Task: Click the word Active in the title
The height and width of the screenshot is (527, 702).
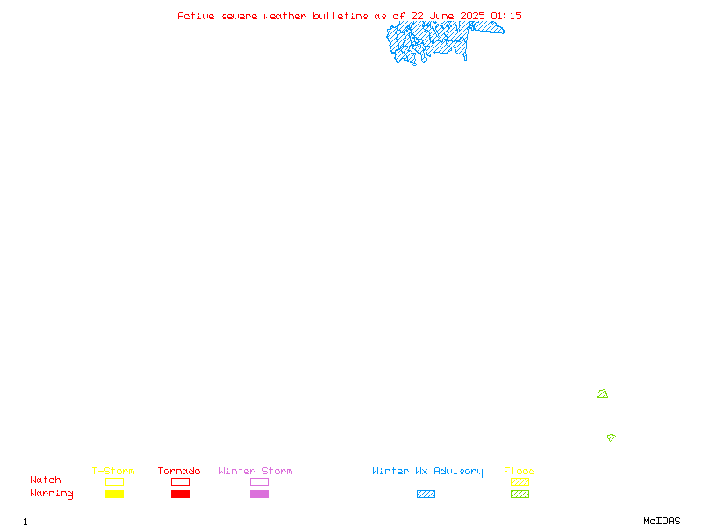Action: point(196,16)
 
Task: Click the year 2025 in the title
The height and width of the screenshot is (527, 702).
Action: point(472,16)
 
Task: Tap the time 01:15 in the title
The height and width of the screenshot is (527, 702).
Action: point(506,16)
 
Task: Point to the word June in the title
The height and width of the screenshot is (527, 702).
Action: point(441,16)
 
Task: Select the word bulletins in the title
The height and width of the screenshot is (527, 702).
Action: point(340,16)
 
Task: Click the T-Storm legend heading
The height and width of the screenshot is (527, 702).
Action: point(113,471)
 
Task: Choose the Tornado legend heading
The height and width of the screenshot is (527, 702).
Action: point(179,471)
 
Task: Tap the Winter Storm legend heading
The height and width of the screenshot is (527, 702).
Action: point(255,471)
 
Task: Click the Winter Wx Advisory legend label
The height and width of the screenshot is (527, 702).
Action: point(427,472)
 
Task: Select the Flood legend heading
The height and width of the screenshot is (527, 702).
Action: point(519,471)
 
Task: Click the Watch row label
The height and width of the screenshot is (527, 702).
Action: point(46,480)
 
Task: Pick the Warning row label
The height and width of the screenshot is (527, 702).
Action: point(52,494)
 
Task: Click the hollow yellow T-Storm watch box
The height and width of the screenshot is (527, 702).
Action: point(115,481)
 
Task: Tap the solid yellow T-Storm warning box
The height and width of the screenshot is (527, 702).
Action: point(115,494)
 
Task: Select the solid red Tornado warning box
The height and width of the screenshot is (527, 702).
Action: point(181,494)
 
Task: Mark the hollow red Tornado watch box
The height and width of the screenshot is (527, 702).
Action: point(181,481)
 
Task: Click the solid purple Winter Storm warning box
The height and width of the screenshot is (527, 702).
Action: point(259,494)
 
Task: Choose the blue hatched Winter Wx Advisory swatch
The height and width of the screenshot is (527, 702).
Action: point(426,494)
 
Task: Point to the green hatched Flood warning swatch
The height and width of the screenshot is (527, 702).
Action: point(519,494)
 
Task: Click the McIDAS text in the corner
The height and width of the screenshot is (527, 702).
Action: point(662,521)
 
